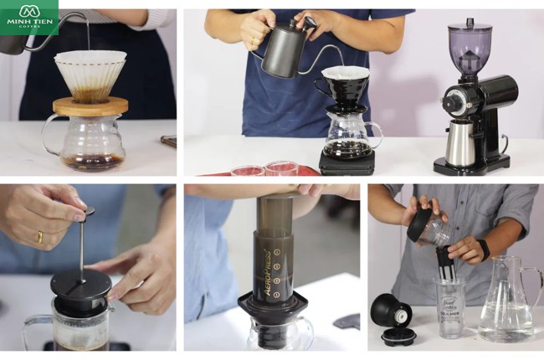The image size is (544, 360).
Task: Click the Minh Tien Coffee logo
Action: (29, 17)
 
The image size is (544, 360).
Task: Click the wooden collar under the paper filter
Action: (90, 105)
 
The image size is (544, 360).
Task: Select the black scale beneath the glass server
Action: (345, 162)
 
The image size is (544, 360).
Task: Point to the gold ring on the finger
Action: (39, 237)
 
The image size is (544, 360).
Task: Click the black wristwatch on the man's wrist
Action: (483, 249)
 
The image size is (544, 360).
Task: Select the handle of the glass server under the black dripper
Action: (374, 133)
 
